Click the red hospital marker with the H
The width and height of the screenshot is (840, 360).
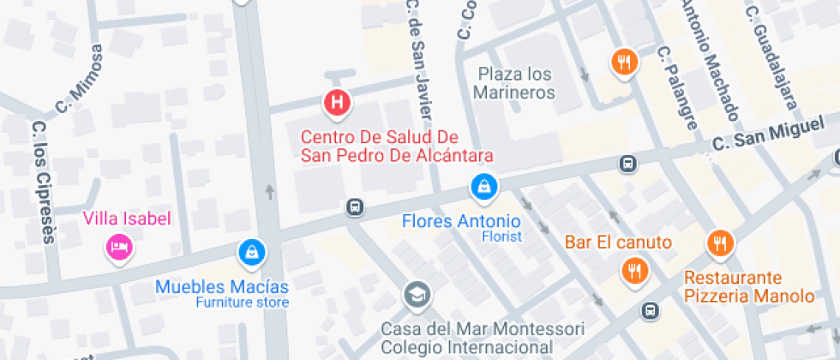coord(338,104)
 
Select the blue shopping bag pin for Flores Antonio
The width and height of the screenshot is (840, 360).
coord(483,185)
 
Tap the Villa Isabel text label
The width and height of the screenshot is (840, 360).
coord(127,219)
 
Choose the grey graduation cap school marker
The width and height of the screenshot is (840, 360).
coord(417,296)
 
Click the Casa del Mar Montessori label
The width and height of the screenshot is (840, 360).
coord(483,338)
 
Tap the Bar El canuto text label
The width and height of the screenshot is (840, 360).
coord(618,242)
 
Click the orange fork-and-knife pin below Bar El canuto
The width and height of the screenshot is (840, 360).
coord(635,272)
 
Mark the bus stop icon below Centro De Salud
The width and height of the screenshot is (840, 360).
coord(354,207)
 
